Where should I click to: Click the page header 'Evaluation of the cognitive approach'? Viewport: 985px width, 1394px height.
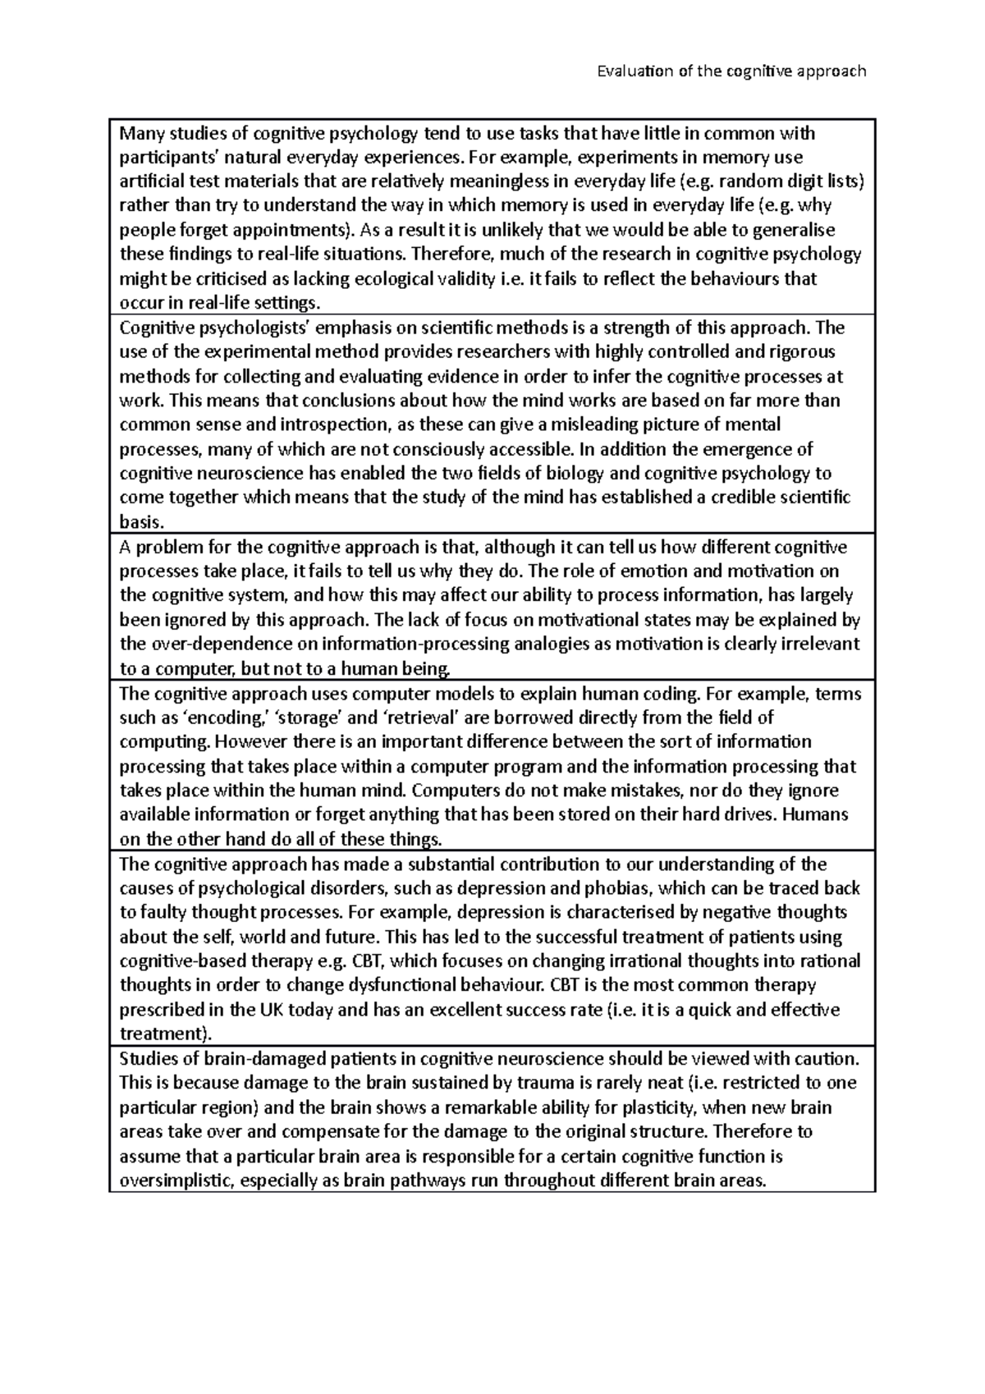point(731,71)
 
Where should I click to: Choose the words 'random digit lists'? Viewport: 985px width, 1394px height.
point(795,181)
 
